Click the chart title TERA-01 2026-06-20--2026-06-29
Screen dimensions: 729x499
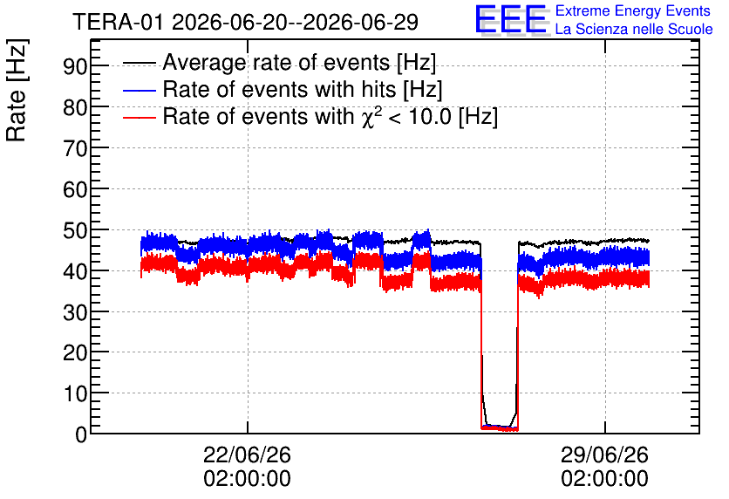tap(246, 22)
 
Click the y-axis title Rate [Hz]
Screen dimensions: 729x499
tap(17, 90)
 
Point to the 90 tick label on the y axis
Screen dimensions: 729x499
tap(75, 66)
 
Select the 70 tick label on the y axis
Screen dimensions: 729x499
tap(75, 149)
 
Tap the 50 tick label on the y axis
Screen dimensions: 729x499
tap(75, 230)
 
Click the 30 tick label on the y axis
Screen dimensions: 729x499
tap(75, 312)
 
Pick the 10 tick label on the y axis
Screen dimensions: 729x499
tap(75, 394)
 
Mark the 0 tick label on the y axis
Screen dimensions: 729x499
tap(81, 434)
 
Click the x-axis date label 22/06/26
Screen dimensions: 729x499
tap(247, 455)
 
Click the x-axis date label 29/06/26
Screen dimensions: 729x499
tap(604, 455)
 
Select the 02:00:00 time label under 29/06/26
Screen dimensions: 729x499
tap(604, 479)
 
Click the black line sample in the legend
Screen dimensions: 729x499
tap(139, 63)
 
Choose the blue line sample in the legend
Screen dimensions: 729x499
tap(139, 90)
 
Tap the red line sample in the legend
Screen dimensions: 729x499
tap(139, 117)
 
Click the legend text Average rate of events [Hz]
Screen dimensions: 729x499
tap(299, 63)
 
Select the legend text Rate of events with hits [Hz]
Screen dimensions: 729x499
tap(303, 90)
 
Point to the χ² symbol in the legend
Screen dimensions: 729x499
tap(370, 116)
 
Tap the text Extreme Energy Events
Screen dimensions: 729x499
tap(633, 10)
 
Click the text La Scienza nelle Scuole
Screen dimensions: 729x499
tap(634, 29)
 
